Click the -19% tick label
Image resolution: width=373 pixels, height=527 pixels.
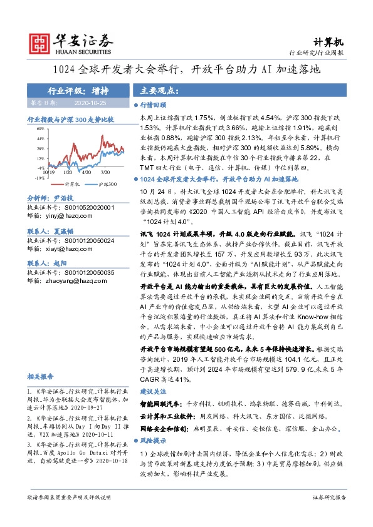point(40,178)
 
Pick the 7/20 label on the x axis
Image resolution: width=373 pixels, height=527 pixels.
point(105,171)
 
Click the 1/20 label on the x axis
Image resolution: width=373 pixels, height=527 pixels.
point(67,171)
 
